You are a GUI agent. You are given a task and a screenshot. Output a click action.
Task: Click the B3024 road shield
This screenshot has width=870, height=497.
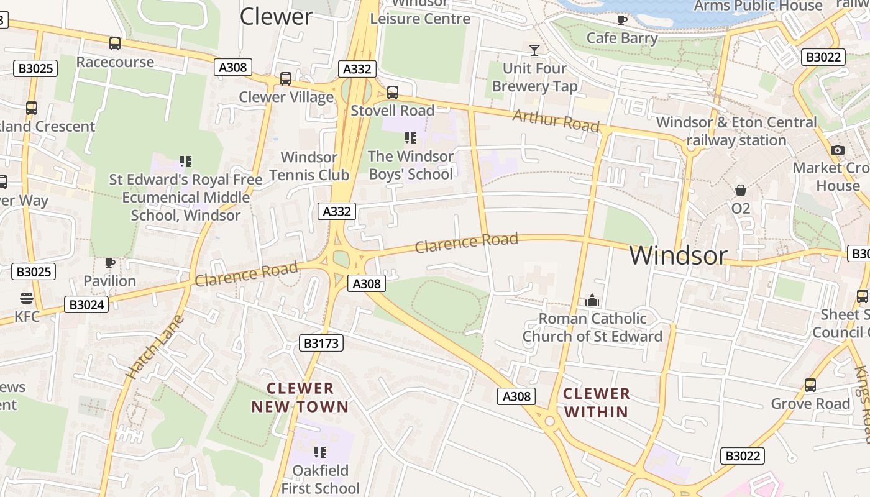(86, 304)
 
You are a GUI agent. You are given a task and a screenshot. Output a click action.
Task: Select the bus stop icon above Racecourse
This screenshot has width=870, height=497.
(115, 43)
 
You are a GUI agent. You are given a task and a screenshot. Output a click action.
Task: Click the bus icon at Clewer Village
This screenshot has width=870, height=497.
(286, 79)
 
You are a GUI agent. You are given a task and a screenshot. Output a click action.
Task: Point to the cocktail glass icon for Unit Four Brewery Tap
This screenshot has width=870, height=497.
(534, 50)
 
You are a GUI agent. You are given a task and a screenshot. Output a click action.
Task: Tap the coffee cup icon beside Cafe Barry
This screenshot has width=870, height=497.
(621, 20)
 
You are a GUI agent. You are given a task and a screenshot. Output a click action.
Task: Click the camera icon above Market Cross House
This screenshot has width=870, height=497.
(837, 150)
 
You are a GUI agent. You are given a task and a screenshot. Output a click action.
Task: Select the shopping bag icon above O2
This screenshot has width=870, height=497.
(740, 189)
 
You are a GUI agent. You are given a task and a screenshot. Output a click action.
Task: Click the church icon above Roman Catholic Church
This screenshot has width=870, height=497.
(592, 301)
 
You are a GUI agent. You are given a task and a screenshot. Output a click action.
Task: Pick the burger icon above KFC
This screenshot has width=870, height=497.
(27, 298)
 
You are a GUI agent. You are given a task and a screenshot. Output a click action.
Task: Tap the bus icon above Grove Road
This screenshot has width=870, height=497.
(810, 385)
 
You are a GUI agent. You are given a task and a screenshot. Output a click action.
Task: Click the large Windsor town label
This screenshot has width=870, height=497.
(678, 255)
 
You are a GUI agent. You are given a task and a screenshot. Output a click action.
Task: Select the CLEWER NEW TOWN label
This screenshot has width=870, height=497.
(300, 398)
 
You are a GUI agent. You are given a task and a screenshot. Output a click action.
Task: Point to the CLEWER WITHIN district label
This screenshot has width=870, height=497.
(597, 403)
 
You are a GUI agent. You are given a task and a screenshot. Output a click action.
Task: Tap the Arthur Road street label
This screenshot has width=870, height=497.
(556, 120)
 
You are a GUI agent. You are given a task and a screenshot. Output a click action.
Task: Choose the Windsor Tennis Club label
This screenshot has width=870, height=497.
(309, 166)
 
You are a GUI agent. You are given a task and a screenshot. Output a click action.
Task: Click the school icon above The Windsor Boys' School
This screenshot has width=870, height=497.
(410, 137)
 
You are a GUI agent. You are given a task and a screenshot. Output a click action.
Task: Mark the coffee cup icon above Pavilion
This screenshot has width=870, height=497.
(110, 263)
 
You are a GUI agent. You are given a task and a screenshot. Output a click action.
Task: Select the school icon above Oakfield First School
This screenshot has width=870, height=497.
(320, 452)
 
